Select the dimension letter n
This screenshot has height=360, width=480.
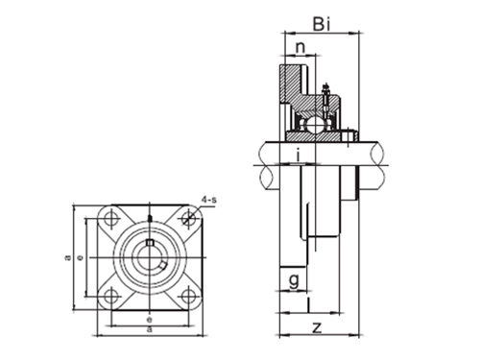[x=300, y=47]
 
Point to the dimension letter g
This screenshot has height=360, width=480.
[x=292, y=280]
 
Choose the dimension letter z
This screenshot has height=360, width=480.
[x=316, y=327]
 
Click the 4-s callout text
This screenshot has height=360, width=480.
[x=208, y=199]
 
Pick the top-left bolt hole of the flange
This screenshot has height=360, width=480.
[x=114, y=219]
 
